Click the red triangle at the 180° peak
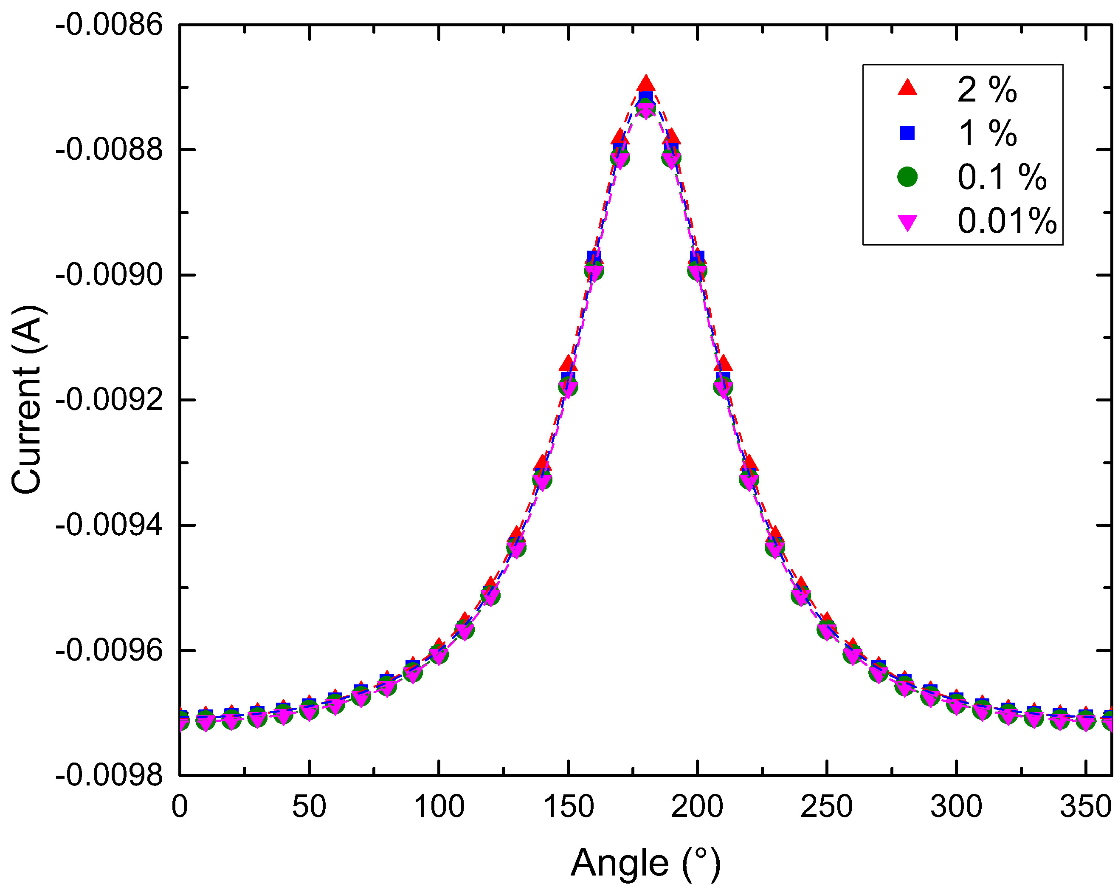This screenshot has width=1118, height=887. [645, 84]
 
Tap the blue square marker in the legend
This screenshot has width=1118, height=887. [907, 133]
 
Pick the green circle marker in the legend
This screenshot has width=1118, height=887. [907, 177]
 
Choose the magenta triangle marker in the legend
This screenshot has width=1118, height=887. [907, 223]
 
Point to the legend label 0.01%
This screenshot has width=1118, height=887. [1006, 221]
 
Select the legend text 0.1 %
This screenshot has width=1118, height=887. [1001, 178]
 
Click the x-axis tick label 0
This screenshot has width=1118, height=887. [180, 807]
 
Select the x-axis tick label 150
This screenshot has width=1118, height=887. [568, 807]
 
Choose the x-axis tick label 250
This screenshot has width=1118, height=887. [827, 807]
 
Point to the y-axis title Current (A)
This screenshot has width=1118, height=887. [26, 399]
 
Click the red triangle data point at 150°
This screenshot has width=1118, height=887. [568, 364]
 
